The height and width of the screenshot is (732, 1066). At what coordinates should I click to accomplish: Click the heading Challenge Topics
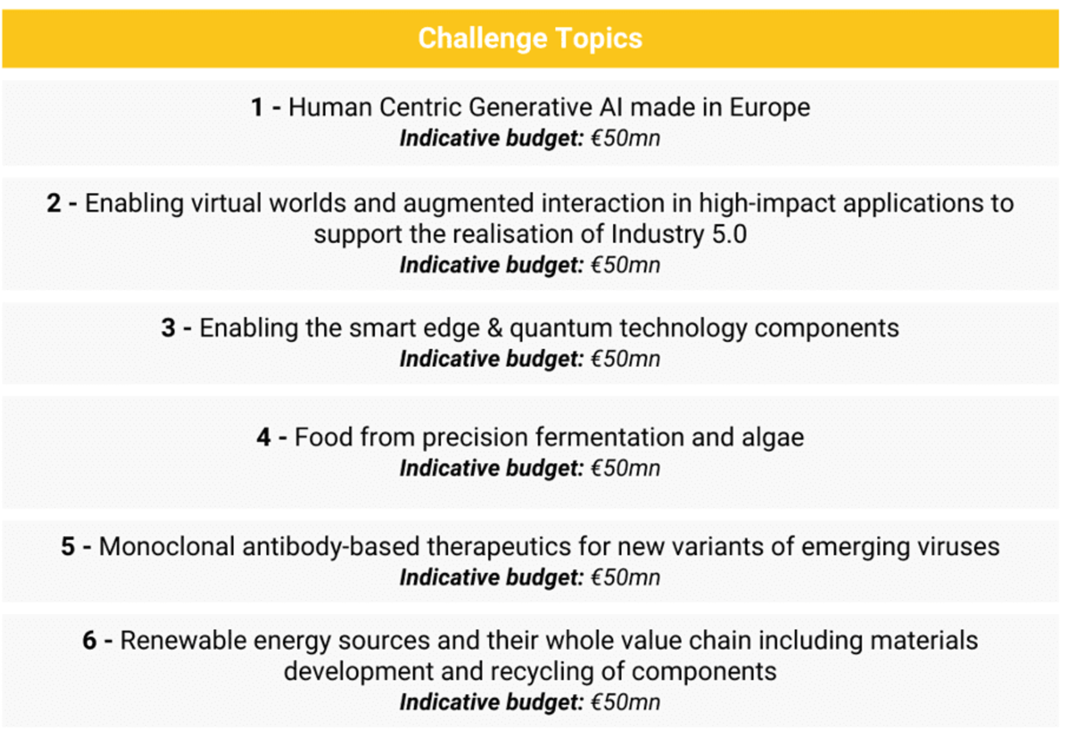tap(530, 38)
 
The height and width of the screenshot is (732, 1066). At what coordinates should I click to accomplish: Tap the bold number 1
tap(257, 107)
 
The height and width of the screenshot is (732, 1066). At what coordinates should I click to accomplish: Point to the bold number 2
tap(54, 203)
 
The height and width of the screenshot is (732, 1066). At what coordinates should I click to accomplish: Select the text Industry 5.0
tap(679, 235)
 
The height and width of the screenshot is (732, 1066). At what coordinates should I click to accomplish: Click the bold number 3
tap(168, 328)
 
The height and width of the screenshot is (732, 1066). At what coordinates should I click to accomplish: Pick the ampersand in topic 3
tap(495, 328)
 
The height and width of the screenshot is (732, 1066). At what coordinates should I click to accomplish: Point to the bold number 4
tap(264, 437)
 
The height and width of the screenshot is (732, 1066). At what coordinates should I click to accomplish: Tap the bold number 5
tap(68, 546)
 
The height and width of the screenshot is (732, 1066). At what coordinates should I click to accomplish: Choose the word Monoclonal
tap(167, 546)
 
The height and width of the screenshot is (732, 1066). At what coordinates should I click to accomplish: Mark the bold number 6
tap(90, 641)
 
